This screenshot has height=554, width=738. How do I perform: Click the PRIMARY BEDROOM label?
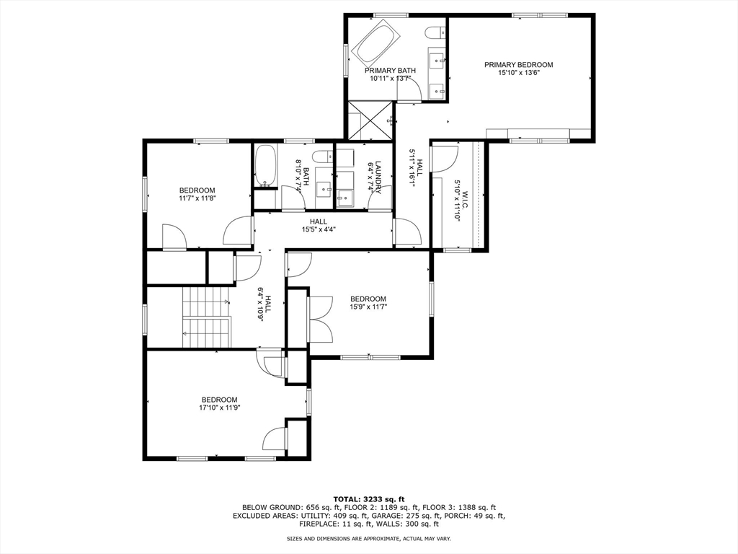pos(519,64)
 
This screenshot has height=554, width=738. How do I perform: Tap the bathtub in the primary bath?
pos(378,40)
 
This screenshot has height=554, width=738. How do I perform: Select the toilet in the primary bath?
pos(436,32)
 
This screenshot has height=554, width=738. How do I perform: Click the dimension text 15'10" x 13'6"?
pos(519,73)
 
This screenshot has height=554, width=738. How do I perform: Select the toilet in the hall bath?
pos(324,157)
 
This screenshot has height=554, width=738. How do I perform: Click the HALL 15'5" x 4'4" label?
pos(319,226)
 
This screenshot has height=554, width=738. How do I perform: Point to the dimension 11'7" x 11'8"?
pos(197,198)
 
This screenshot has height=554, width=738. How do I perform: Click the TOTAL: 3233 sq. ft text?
pos(369,499)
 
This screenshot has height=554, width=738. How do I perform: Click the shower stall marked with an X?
pos(370,120)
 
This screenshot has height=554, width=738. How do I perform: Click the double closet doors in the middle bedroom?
pos(321,320)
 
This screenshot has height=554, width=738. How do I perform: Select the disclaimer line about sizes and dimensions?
pos(369,538)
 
